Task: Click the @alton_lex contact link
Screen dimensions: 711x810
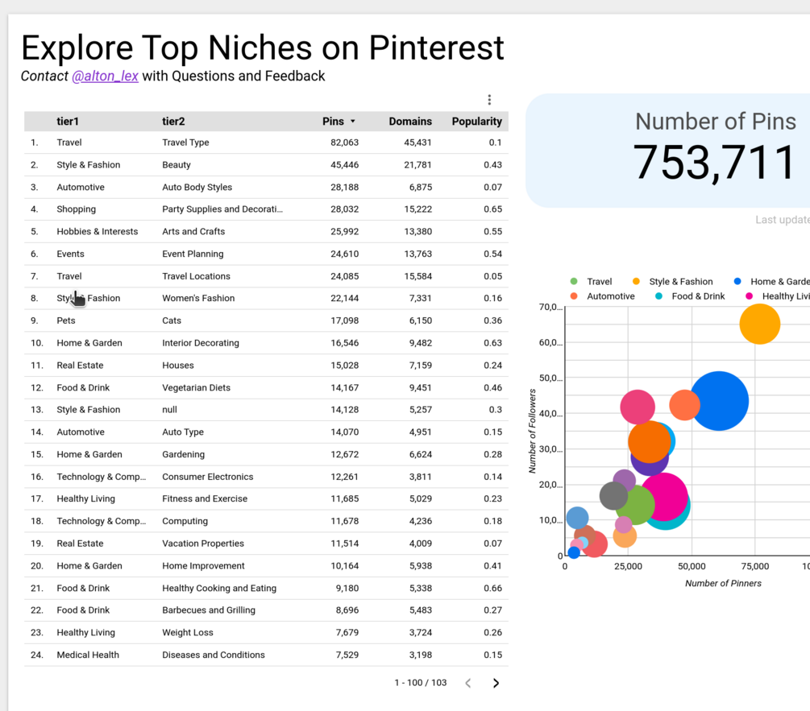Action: pos(105,76)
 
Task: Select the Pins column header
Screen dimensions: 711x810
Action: pos(333,122)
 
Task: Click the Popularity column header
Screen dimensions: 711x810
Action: pos(476,122)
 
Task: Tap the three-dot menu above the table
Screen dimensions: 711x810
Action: pos(489,100)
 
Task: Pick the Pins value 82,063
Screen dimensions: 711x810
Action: pos(344,143)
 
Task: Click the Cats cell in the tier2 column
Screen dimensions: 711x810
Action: pos(173,320)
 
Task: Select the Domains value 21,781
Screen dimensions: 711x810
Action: pos(417,165)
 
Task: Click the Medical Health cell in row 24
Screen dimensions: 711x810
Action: pos(88,655)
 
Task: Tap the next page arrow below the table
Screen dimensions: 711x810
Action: pos(496,683)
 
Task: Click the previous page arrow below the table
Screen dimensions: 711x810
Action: pos(468,683)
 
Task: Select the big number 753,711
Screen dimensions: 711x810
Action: pos(714,162)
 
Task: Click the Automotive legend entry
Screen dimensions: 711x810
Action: pos(610,296)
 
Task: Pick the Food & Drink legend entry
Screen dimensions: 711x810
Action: pos(698,296)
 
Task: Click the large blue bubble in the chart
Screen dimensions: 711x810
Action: pos(718,400)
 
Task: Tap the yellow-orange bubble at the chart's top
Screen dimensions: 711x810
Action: pos(759,324)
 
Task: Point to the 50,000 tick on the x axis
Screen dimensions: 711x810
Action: pos(692,567)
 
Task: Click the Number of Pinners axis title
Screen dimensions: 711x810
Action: pos(723,583)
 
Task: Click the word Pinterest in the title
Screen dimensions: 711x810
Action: pos(436,48)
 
